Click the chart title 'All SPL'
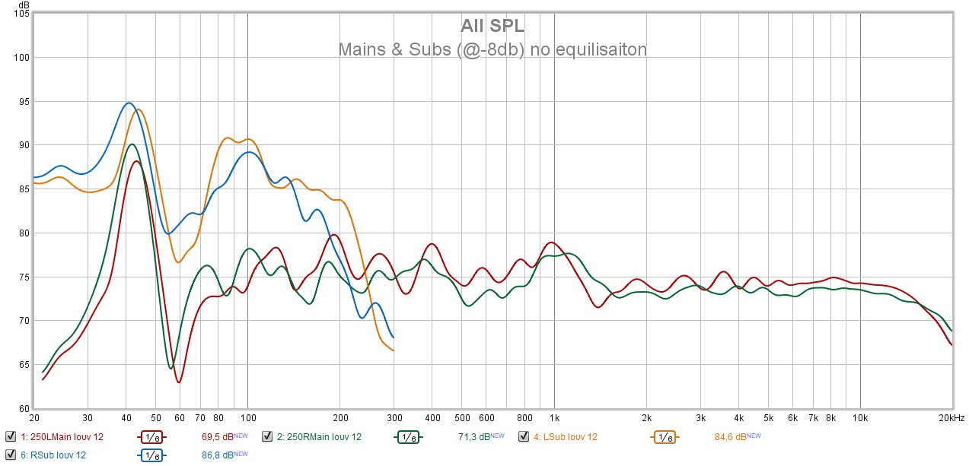point(492,26)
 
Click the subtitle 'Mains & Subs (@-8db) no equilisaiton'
point(492,50)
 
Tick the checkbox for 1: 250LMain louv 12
point(10,436)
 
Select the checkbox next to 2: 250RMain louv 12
point(267,436)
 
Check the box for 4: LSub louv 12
point(524,436)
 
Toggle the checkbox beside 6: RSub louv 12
point(10,455)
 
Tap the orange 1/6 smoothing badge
point(665,437)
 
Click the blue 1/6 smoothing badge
point(151,455)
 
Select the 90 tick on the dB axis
point(23,145)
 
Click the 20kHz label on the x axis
point(951,418)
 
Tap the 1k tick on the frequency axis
point(554,418)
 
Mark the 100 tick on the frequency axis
point(247,418)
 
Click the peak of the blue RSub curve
point(129,103)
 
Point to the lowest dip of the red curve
point(179,382)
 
